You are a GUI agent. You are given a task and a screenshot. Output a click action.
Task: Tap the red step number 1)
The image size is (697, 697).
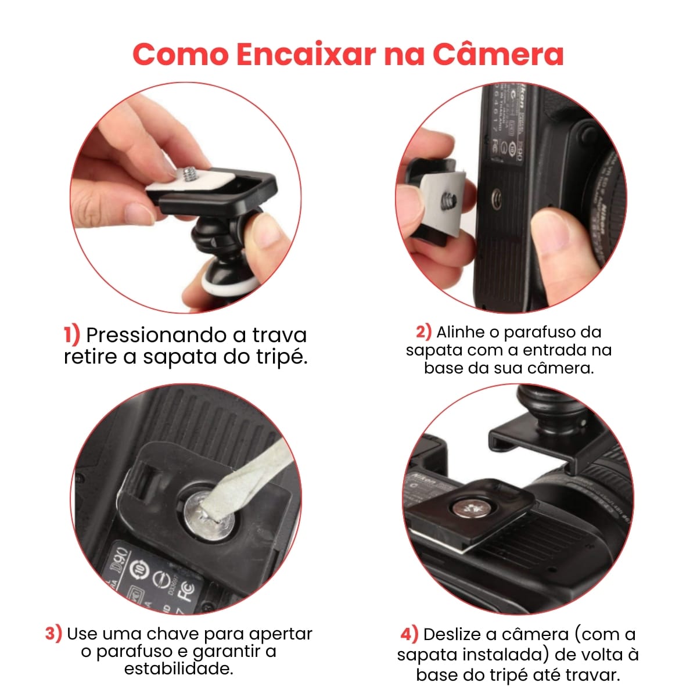click(x=71, y=335)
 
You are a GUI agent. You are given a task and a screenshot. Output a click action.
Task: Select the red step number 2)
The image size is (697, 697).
click(x=423, y=332)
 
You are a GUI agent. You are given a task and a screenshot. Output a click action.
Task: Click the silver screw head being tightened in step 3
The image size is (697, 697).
click(x=209, y=515)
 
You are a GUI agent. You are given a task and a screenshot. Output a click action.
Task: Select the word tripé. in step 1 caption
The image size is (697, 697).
click(x=280, y=357)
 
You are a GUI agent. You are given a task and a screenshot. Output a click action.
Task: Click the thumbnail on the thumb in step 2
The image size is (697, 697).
click(x=559, y=227)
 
